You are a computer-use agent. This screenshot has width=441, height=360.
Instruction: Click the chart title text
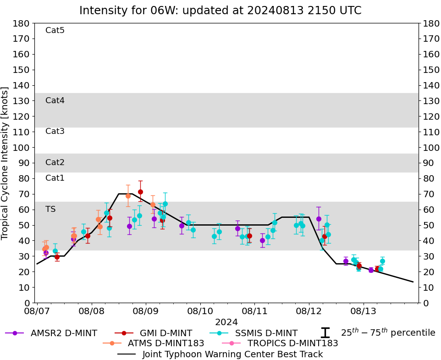(x=220, y=10)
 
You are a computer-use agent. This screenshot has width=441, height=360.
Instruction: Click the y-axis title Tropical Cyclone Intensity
(x=6, y=163)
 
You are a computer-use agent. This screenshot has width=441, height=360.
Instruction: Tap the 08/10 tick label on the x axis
(x=200, y=311)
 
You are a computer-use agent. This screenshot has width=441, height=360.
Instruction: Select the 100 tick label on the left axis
(x=22, y=147)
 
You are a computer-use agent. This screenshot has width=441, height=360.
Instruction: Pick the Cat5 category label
(x=55, y=30)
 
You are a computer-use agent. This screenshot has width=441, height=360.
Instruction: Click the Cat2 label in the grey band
(x=55, y=162)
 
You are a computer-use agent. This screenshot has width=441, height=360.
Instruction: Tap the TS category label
(x=50, y=209)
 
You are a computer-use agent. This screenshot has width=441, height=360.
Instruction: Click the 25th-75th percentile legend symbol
(x=325, y=333)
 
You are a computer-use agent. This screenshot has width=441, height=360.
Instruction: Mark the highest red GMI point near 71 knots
(x=140, y=192)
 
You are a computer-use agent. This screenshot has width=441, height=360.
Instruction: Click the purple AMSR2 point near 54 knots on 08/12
(x=319, y=219)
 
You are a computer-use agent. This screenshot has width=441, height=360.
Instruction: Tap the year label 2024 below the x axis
(x=226, y=322)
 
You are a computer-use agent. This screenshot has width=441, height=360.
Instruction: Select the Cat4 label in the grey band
(x=55, y=100)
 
